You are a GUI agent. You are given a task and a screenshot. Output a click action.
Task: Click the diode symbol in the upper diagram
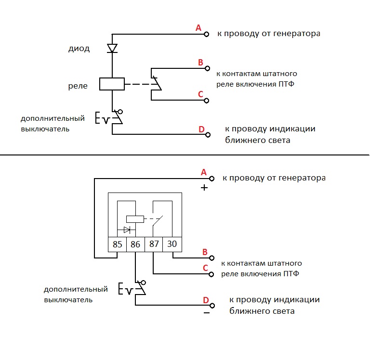tap(112, 48)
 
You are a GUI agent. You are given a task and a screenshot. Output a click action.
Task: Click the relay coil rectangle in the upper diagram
tap(112, 84)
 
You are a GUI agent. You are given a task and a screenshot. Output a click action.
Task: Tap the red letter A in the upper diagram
tap(198, 28)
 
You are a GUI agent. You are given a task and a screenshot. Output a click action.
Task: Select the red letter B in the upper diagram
tap(200, 62)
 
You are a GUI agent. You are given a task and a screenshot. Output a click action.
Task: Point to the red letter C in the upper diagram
tap(200, 94)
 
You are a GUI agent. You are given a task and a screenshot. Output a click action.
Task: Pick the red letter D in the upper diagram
tap(201, 129)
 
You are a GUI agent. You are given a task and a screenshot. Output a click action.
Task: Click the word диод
tap(79, 49)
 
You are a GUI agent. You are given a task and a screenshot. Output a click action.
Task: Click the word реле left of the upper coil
tap(78, 86)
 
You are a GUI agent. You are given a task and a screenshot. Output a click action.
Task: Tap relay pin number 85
tap(117, 244)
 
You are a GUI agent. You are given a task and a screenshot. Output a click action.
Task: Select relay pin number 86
tap(135, 244)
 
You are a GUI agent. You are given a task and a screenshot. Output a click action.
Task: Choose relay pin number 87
tap(154, 244)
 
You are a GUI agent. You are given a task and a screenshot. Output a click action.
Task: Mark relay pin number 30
tap(172, 244)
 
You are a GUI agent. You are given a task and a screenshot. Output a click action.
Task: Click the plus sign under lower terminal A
tap(204, 188)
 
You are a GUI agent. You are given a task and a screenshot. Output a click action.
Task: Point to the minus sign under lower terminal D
tap(207, 312)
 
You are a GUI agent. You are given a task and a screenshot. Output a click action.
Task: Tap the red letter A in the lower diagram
tap(203, 172)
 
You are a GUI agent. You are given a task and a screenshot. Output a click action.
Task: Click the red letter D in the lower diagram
tap(206, 301)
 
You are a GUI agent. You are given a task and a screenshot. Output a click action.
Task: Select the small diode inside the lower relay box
tap(128, 230)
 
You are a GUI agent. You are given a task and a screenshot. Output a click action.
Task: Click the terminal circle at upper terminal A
tap(206, 34)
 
